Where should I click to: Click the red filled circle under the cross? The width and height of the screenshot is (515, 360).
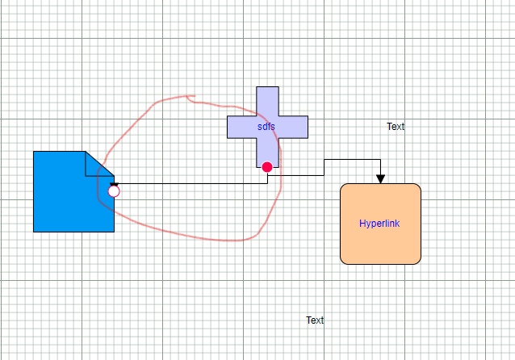267,167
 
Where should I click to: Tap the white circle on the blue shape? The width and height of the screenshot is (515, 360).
114,191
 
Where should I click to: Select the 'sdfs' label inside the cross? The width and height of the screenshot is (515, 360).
266,127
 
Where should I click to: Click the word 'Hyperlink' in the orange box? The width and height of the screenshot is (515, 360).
379,224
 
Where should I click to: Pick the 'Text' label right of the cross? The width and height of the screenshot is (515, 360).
396,127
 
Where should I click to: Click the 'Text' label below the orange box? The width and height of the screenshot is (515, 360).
315,320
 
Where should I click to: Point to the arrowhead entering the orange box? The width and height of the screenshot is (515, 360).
380,179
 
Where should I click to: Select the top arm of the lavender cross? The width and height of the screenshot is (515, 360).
267,101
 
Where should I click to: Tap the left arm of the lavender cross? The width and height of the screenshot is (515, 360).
241,127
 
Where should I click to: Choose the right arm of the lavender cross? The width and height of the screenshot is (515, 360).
293,127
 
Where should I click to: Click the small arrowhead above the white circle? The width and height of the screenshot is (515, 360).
114,185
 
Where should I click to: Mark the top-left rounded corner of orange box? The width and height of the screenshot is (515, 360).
342,186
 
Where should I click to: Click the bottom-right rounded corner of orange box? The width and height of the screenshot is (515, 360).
418,262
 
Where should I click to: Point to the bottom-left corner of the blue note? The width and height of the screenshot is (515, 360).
34,232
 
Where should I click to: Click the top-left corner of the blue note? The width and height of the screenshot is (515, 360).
34,152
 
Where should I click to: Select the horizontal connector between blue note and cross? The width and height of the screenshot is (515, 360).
191,183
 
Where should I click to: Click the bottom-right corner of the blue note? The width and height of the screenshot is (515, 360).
114,232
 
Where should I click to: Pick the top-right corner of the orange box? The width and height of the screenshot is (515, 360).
418,186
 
